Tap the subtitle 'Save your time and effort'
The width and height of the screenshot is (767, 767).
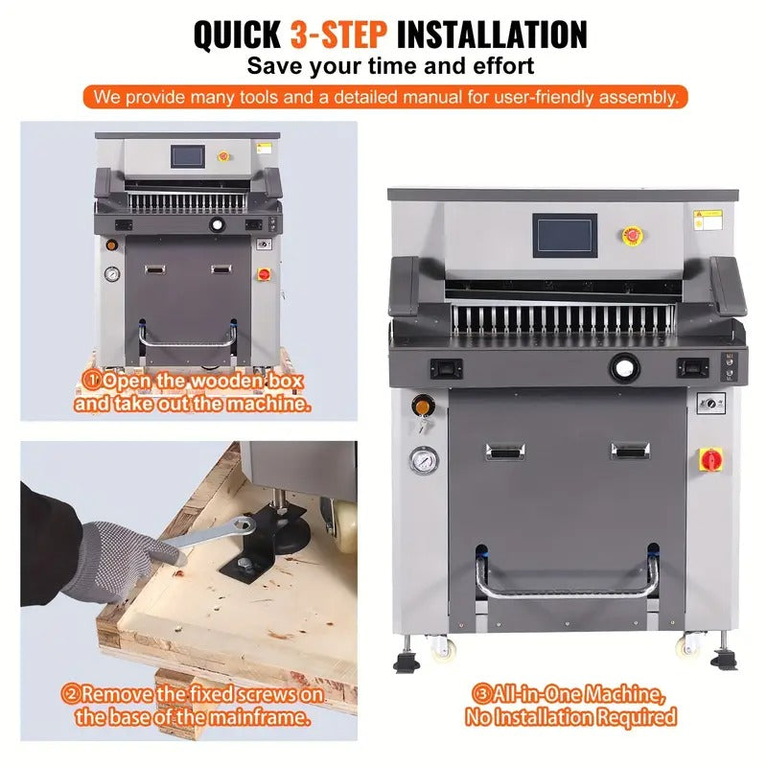click(390, 66)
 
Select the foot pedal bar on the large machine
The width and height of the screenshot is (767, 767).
click(568, 587)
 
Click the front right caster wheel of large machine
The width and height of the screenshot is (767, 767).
click(690, 647)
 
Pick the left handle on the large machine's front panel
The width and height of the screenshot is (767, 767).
click(507, 450)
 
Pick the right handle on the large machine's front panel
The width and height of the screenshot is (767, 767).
click(630, 450)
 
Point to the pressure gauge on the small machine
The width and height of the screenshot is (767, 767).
click(113, 273)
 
